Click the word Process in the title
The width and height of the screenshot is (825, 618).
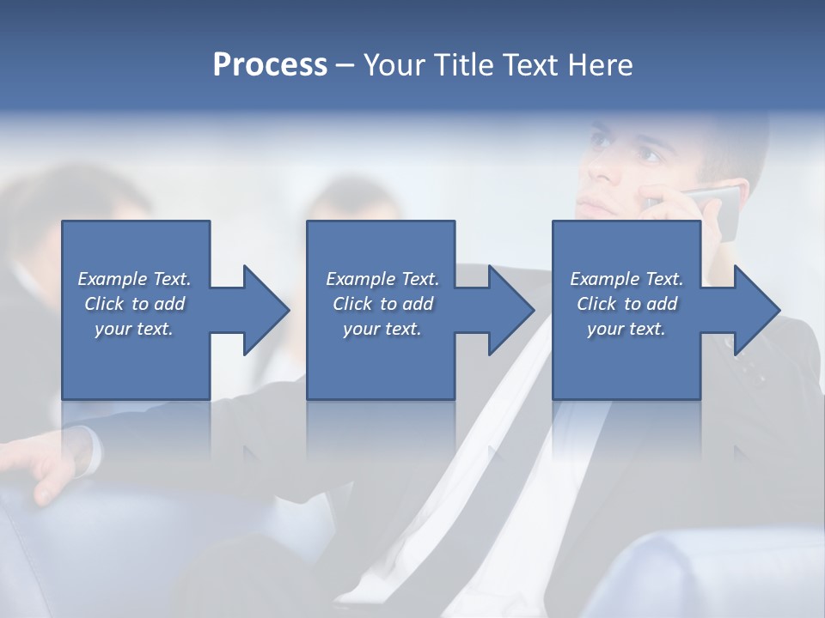click(270, 65)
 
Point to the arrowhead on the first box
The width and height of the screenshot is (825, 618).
click(263, 310)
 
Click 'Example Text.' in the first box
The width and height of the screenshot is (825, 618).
click(135, 279)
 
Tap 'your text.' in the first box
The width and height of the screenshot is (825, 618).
click(134, 329)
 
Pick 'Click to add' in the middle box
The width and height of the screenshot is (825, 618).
click(382, 304)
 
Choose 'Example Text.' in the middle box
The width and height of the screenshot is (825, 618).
click(382, 279)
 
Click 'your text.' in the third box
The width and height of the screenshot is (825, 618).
click(626, 329)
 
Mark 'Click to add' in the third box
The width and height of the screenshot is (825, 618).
click(626, 304)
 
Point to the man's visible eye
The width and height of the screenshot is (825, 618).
click(645, 155)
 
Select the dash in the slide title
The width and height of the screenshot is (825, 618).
click(345, 65)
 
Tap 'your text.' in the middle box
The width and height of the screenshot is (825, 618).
click(382, 329)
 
